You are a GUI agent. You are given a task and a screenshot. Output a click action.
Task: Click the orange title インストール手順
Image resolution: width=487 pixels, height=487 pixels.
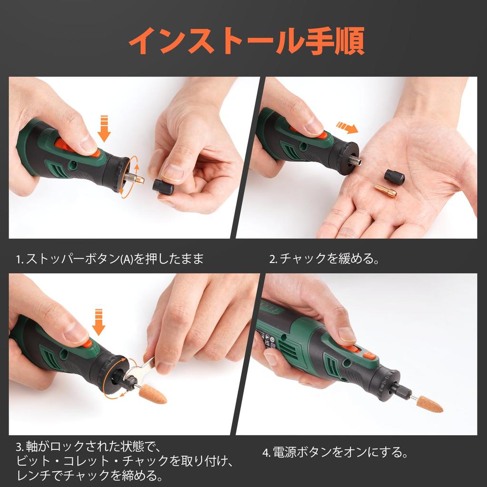coord(246,41)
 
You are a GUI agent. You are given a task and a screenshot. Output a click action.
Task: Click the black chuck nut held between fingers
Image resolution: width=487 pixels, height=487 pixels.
coord(163,187)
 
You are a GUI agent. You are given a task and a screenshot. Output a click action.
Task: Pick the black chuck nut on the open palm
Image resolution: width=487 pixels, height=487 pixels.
coord(394,177)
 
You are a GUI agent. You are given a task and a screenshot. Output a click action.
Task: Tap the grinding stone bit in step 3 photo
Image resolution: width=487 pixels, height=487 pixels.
coord(153,394)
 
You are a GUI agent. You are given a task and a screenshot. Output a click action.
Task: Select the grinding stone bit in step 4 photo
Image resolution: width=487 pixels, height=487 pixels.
coord(429,404)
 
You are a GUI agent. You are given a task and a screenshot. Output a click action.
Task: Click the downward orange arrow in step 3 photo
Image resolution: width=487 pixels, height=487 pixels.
coord(98,322)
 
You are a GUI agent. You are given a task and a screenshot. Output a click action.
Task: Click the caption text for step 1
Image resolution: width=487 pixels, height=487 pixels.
coord(110,259)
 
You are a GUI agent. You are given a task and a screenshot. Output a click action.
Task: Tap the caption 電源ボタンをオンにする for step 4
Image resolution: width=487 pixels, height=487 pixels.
coord(335,452)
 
